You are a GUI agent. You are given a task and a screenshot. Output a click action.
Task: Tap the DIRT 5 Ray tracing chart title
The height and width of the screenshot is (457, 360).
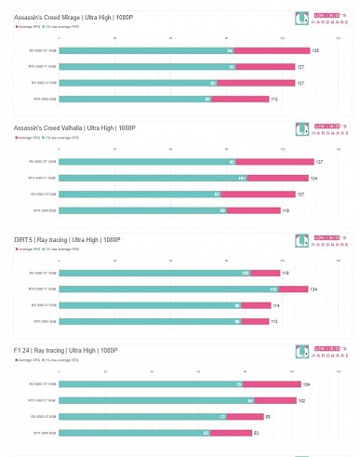pyautogui.click(x=67, y=239)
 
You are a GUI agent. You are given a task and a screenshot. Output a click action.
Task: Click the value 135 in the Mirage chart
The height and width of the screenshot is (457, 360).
pyautogui.click(x=315, y=50)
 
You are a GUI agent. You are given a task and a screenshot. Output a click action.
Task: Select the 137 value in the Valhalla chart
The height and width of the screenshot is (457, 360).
pyautogui.click(x=319, y=162)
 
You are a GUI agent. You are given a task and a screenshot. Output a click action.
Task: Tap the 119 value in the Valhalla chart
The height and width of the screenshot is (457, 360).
pyautogui.click(x=286, y=210)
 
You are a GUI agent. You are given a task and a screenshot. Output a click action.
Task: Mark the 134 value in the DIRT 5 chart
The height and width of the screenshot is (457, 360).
pyautogui.click(x=314, y=289)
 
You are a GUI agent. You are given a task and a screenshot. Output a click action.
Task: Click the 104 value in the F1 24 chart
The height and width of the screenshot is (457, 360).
pyautogui.click(x=307, y=384)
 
